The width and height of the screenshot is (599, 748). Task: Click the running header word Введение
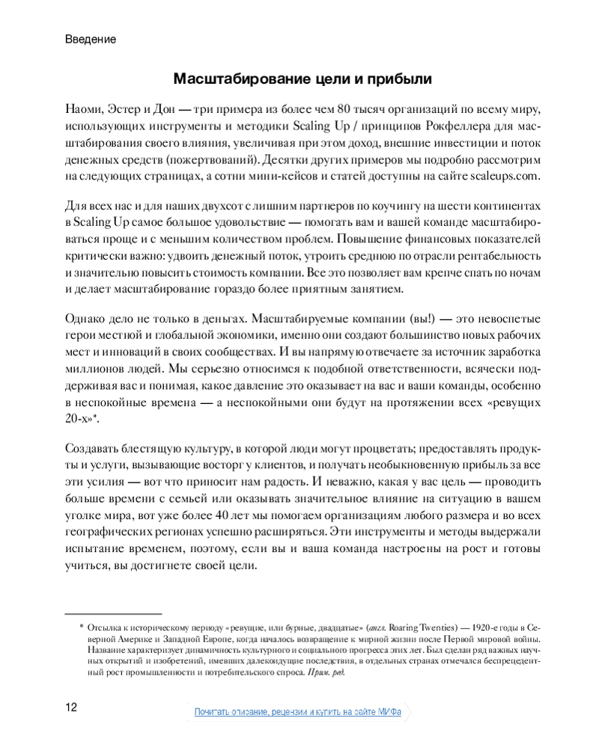click(91, 39)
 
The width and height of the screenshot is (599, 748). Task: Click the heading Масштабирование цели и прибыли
click(303, 79)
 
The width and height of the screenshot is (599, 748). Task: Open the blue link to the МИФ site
click(297, 711)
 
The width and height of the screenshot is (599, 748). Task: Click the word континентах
click(505, 206)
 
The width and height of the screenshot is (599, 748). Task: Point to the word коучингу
click(348, 206)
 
